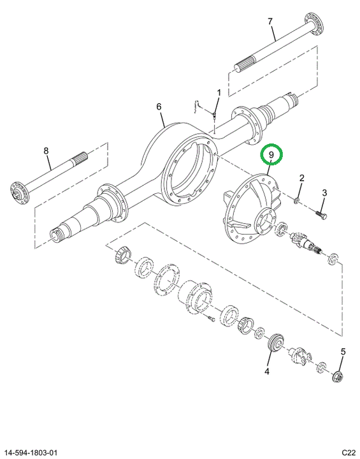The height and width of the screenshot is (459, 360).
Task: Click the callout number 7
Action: (x=270, y=22)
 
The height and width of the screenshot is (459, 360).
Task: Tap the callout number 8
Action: (x=46, y=150)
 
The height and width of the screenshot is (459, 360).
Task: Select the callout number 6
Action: (x=159, y=106)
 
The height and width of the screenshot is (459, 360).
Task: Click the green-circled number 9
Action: (x=271, y=155)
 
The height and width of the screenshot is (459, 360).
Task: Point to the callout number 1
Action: (x=219, y=93)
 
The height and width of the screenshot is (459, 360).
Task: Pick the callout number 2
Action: (x=302, y=178)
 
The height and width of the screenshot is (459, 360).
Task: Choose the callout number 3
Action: (x=324, y=193)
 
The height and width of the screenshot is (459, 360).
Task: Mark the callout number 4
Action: (x=267, y=372)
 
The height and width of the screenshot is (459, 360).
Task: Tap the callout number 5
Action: (x=343, y=352)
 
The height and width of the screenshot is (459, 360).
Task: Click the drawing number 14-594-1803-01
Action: (x=31, y=453)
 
